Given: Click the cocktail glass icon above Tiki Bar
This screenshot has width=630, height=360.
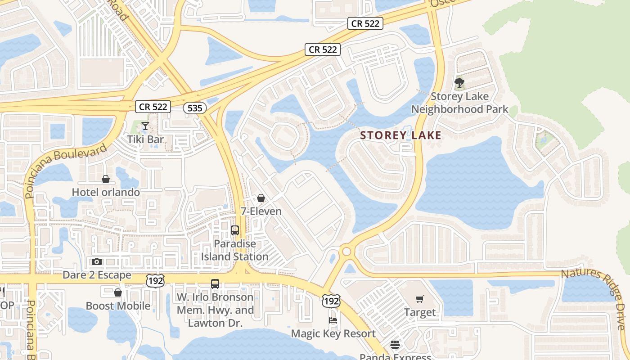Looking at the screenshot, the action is pos(145,126).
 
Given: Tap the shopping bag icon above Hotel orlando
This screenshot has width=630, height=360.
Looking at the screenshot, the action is pos(106,179).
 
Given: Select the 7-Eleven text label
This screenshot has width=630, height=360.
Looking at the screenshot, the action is pos(261,211).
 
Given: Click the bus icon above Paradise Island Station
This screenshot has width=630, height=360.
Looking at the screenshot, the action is pos(235,230).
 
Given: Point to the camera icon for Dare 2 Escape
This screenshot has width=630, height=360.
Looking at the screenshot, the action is pos(97,261).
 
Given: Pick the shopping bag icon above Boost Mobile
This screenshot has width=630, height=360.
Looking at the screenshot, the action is pos(118,292).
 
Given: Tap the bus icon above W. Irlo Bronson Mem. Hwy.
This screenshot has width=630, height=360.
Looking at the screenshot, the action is pos(215,284).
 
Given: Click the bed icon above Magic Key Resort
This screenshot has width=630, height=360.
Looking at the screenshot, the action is pos(333,320).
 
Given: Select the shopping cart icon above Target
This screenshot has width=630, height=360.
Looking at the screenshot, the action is pos(420,299).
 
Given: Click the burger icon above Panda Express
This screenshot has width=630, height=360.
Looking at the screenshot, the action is pos(395,345).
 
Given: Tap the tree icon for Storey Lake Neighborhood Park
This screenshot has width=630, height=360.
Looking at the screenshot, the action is pos(459,83).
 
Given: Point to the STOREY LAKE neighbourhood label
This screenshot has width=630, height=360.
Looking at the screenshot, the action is pos(400,135).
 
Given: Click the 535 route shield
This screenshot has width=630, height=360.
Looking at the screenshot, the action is pos(195,108).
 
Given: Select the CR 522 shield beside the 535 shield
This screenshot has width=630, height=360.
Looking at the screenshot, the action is pos(153,107).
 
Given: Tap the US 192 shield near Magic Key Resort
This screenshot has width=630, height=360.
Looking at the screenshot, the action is pos(331,301).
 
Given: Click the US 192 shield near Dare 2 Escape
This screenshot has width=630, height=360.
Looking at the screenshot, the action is pos(155,280).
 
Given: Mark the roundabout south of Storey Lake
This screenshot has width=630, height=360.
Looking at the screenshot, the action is pos(346,251).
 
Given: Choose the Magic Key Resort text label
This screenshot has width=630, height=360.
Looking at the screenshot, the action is pos(333,333).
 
